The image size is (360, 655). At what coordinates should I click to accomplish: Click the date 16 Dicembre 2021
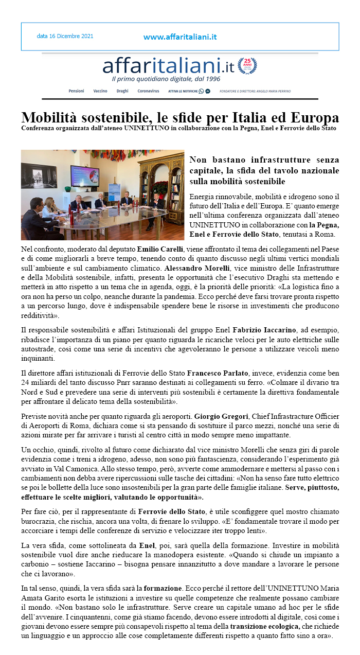(65, 37)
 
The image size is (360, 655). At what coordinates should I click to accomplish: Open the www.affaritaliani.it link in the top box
(179, 37)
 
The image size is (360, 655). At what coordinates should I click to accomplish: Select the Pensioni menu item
(76, 91)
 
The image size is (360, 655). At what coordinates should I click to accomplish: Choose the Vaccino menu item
(100, 91)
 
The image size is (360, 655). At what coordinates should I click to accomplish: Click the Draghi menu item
(122, 91)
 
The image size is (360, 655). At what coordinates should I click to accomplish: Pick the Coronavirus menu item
(148, 91)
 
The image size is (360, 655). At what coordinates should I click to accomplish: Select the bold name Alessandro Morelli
(197, 269)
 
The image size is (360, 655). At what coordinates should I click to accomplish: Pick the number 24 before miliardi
(26, 382)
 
